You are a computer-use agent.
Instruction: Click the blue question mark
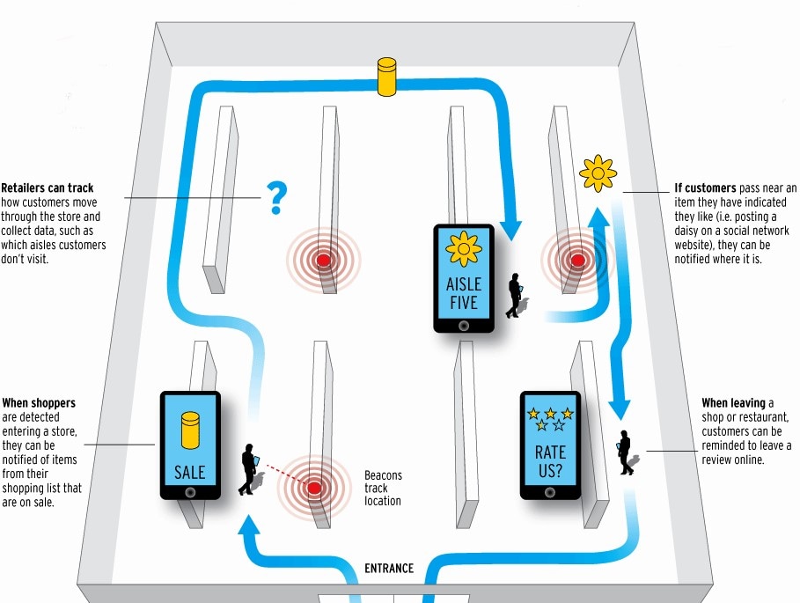[x=277, y=198]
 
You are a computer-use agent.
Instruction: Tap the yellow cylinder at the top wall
[x=388, y=77]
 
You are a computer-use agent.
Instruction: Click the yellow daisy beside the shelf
[x=598, y=174]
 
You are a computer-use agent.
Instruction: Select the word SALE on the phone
[x=189, y=473]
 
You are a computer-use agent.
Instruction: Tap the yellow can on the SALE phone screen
[x=189, y=430]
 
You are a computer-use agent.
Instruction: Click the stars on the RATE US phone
[x=550, y=419]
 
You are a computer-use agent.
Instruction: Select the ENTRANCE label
[x=389, y=568]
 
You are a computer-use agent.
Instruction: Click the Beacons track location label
[x=383, y=488]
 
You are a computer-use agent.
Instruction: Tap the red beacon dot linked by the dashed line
[x=313, y=487]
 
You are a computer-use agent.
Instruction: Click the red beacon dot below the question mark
[x=323, y=260]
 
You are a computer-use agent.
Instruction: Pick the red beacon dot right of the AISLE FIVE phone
[x=577, y=260]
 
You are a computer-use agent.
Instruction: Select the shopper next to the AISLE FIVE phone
[x=514, y=294]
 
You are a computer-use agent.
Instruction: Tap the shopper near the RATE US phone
[x=626, y=452]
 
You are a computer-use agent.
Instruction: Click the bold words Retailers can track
[x=48, y=188]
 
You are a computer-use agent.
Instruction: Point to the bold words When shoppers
[x=39, y=403]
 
